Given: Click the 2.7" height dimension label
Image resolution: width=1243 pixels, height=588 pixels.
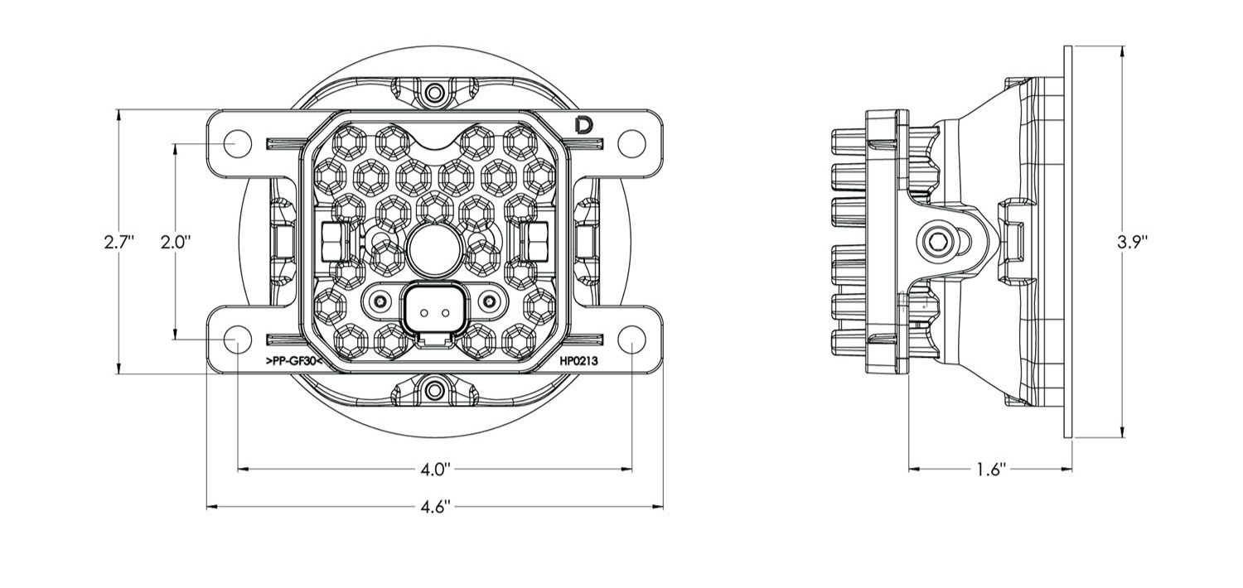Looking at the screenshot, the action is [x=119, y=243].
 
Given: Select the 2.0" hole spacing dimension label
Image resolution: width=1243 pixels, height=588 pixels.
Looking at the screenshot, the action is [x=176, y=243].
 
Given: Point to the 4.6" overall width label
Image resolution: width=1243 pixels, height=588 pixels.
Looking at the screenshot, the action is [x=434, y=507].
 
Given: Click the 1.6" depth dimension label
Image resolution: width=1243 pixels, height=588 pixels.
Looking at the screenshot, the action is [x=991, y=470].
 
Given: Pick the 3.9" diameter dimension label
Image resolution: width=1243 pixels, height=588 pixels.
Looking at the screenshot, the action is [x=1131, y=243].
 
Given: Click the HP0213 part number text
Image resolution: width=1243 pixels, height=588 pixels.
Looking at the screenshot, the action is [x=578, y=362].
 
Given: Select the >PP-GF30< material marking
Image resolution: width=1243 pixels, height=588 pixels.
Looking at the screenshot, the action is [x=294, y=362].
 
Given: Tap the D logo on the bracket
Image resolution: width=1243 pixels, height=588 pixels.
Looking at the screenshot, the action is [x=583, y=126].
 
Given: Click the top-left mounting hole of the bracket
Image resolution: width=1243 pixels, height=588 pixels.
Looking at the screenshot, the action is [x=237, y=143].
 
